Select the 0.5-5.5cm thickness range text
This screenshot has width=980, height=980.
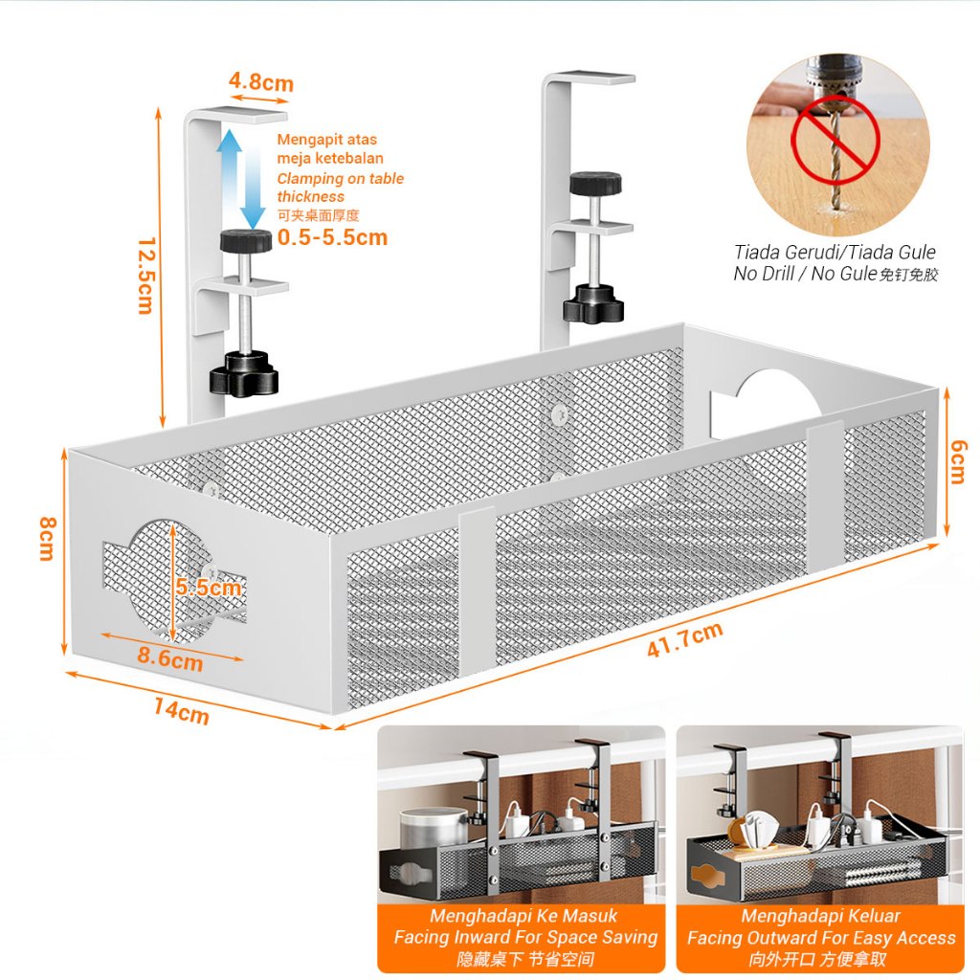coord(332,237)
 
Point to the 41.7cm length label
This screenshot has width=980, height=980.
coord(684,639)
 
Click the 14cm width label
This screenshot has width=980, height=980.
coord(181,711)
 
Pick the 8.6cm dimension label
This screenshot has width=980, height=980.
coord(169,658)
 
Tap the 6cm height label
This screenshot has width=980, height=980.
coord(957,468)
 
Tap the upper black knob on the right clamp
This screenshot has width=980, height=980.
coord(595,182)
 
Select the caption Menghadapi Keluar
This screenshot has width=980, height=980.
coord(820,917)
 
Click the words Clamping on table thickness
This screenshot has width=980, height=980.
coord(340,188)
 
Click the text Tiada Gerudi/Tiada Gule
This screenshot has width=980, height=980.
coord(835,254)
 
